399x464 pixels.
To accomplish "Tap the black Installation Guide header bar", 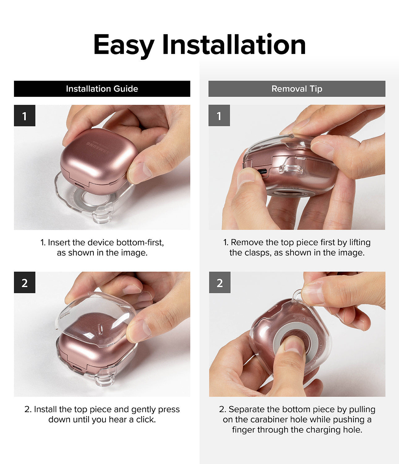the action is pyautogui.click(x=102, y=89).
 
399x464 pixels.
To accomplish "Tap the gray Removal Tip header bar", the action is pyautogui.click(x=297, y=89).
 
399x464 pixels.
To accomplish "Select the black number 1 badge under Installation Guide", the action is pyautogui.click(x=24, y=115).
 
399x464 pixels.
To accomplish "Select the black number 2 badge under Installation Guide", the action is pyautogui.click(x=24, y=282).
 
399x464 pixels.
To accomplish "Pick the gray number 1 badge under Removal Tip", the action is pyautogui.click(x=219, y=115).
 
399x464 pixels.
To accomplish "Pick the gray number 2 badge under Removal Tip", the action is pyautogui.click(x=220, y=282).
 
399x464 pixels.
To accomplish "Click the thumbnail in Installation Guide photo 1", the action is pyautogui.click(x=139, y=172).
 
